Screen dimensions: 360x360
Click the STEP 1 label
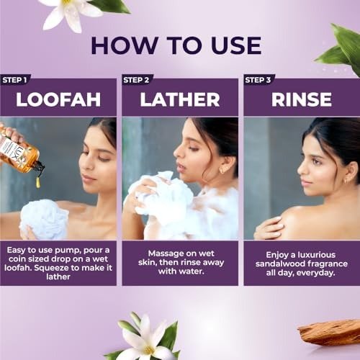(x=14, y=80)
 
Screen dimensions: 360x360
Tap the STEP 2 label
(x=136, y=80)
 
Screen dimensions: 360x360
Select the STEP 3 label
(x=258, y=80)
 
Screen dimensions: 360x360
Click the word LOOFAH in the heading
(x=58, y=99)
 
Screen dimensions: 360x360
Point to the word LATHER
(x=180, y=99)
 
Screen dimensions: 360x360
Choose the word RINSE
(x=302, y=99)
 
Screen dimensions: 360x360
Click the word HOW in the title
(x=125, y=45)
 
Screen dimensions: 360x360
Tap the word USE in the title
(x=236, y=45)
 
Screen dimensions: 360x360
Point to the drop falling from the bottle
(x=38, y=181)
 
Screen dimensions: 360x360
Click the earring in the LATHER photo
(x=221, y=171)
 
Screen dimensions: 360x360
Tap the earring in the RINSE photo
(x=346, y=181)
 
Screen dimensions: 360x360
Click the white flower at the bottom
(x=145, y=338)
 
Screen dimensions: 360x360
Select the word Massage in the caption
(x=164, y=253)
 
